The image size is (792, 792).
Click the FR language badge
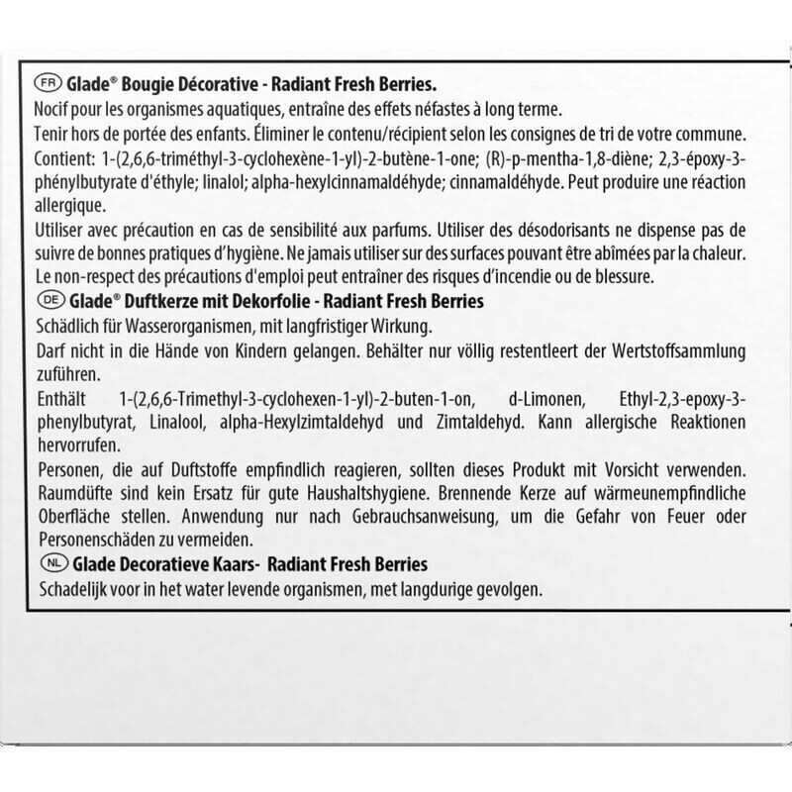[46, 83]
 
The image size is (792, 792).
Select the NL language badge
[46, 564]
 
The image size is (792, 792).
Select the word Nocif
[53, 108]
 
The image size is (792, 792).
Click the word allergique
[69, 205]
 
